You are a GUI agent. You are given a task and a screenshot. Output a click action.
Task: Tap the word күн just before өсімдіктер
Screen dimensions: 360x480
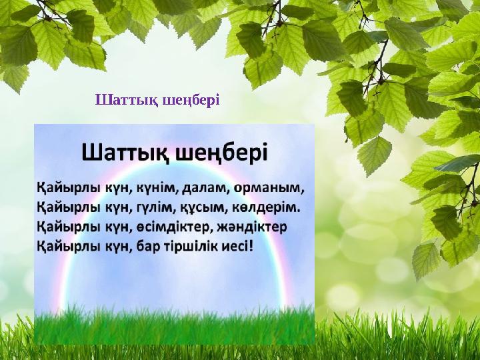(107, 227)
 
